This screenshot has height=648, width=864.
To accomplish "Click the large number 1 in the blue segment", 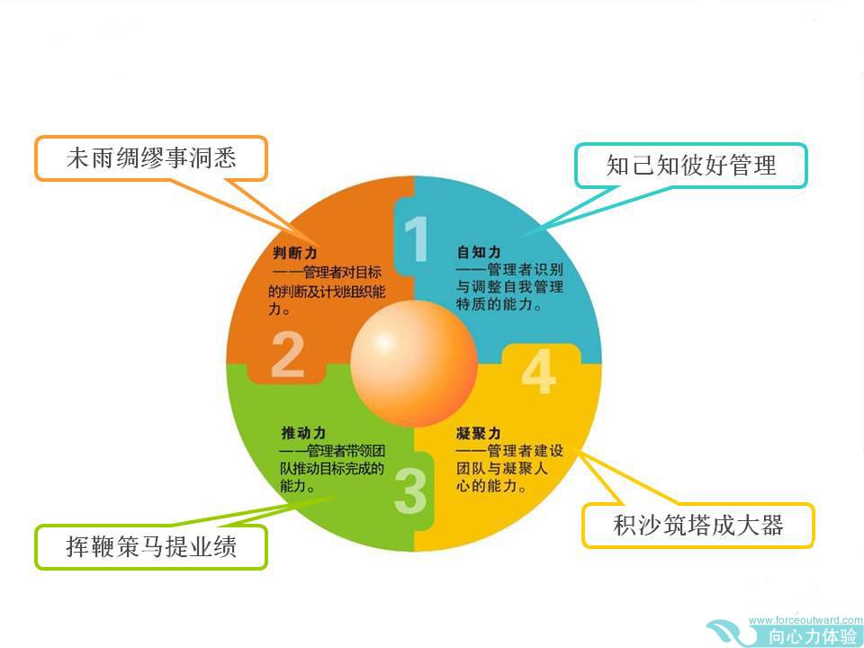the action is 417,238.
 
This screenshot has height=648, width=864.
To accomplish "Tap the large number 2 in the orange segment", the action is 288,355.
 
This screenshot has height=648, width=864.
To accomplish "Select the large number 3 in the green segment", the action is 411,490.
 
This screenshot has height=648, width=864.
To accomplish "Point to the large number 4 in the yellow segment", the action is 539,372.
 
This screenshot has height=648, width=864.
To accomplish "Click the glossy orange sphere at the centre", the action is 414,363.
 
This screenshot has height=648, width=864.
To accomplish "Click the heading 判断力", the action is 295,253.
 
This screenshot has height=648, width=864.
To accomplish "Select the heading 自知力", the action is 479,252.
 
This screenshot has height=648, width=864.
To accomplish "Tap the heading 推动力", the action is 303,433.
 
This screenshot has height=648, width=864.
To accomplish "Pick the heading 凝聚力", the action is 478,433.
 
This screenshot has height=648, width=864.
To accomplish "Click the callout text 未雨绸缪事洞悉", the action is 151,158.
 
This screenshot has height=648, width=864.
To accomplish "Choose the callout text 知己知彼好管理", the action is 691,165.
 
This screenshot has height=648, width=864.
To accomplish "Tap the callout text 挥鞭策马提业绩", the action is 151,546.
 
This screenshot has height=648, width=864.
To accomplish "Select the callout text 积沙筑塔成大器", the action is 698,525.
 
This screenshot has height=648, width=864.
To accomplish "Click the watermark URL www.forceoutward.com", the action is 805,620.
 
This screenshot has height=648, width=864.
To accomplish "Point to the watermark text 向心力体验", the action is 813,636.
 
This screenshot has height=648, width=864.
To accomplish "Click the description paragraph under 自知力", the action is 509,286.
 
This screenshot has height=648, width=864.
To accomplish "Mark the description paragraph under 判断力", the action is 327,291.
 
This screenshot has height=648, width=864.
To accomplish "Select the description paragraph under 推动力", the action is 332,468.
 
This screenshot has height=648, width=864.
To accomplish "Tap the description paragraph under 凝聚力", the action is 509,468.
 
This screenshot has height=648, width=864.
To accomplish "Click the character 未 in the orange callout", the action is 78,158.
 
